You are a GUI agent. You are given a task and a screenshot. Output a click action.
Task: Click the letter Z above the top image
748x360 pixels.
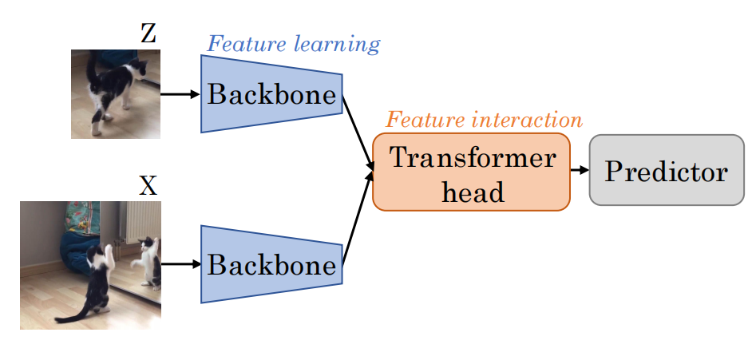point(148,34)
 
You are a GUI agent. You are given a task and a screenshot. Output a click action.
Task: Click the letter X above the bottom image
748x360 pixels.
point(148,186)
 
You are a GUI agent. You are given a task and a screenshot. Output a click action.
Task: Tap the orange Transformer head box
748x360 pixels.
point(471,172)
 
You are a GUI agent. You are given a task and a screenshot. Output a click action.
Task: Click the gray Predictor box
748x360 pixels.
point(666,170)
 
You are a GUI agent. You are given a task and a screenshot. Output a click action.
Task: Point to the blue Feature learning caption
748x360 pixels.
point(293,43)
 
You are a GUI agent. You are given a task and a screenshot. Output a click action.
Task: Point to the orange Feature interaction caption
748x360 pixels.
point(484,120)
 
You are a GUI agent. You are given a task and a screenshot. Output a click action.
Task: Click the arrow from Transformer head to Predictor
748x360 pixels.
point(580,170)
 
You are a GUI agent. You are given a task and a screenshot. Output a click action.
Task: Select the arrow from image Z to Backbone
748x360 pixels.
point(180,93)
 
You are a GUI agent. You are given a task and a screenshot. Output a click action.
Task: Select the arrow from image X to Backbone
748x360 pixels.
point(180,263)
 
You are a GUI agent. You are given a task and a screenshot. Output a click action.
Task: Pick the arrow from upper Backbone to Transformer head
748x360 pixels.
point(358,132)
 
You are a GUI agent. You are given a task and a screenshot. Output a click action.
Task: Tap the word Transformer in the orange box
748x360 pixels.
point(473,157)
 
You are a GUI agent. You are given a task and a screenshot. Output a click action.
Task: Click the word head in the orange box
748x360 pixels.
point(473,191)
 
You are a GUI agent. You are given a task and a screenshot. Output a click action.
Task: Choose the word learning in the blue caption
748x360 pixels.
point(337,43)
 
